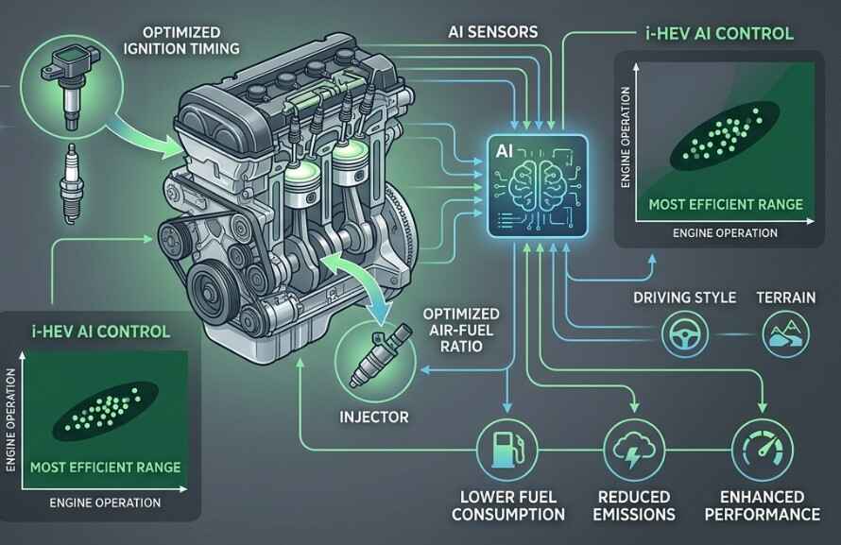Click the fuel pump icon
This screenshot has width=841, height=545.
(x=507, y=449)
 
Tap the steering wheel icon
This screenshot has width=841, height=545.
(x=684, y=334)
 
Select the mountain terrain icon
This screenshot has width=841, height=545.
(x=785, y=335)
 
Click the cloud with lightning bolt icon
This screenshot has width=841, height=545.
(x=634, y=449)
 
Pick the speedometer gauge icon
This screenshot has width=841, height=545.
(x=763, y=449)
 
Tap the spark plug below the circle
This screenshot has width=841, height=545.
(x=71, y=182)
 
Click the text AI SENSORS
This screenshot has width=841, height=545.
(x=493, y=32)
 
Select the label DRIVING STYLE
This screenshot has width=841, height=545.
(x=684, y=298)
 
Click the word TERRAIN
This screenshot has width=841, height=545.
(x=786, y=298)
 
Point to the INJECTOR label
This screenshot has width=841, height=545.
(x=374, y=417)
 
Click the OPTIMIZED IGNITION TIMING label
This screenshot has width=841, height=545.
(x=181, y=41)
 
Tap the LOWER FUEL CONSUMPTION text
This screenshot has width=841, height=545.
(x=508, y=506)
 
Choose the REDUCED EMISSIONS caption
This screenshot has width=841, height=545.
(x=634, y=506)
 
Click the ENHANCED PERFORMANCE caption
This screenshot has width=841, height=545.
(x=763, y=506)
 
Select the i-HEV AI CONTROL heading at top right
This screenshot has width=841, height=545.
(x=719, y=34)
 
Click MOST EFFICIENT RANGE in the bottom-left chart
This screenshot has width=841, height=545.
(x=105, y=468)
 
